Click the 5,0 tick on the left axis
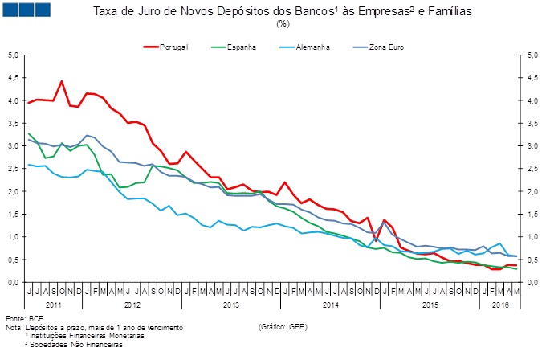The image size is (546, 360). click(13, 55)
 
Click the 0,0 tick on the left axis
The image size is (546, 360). click(13, 283)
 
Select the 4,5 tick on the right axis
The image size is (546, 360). click(533, 78)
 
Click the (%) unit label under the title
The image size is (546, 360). click(282, 23)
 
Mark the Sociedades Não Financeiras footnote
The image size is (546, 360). click(77, 345)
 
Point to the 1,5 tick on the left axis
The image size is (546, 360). click(13, 215)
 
